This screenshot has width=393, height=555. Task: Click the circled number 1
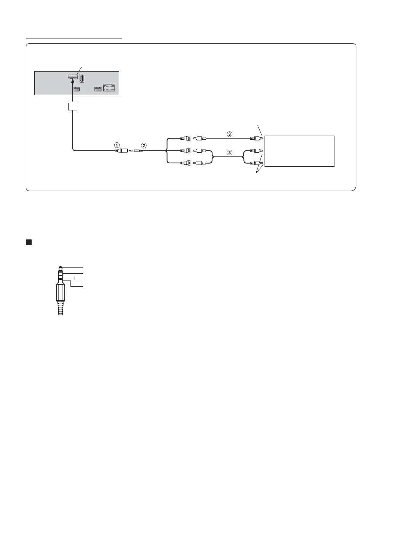[x=117, y=145]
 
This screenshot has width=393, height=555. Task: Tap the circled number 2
[x=144, y=145]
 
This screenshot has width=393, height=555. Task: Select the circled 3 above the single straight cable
[x=229, y=134]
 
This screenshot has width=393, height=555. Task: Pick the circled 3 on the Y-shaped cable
[x=229, y=153]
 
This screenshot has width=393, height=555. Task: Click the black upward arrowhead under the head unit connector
[x=72, y=82]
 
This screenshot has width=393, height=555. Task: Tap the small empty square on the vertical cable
[x=72, y=107]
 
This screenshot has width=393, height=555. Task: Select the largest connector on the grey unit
[x=109, y=89]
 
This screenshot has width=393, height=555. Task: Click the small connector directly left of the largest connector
[x=98, y=89]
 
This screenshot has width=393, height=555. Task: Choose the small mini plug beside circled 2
[x=137, y=151]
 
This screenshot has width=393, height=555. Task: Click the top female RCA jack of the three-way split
[x=185, y=138]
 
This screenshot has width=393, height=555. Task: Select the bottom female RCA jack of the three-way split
[x=185, y=163]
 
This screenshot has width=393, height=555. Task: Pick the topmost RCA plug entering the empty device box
[x=256, y=138]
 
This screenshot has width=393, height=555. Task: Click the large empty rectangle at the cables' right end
[x=299, y=151]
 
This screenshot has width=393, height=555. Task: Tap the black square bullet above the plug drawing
[x=28, y=242]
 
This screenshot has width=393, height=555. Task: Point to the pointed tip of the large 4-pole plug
[x=61, y=268]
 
